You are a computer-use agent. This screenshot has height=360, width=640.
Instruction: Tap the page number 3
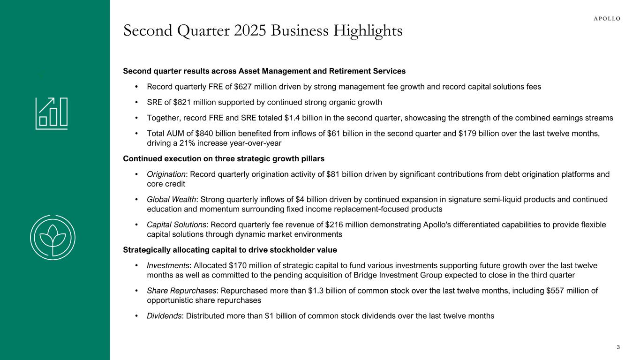pyautogui.click(x=618, y=347)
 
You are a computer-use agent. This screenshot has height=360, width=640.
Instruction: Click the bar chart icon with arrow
pyautogui.click(x=52, y=113)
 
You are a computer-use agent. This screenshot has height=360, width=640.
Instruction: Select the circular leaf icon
pyautogui.click(x=52, y=237)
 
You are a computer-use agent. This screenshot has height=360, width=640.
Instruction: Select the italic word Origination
pyautogui.click(x=166, y=174)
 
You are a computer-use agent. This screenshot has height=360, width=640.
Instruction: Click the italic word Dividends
pyautogui.click(x=165, y=316)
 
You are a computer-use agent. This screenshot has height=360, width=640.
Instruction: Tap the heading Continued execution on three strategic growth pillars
pyautogui.click(x=224, y=158)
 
